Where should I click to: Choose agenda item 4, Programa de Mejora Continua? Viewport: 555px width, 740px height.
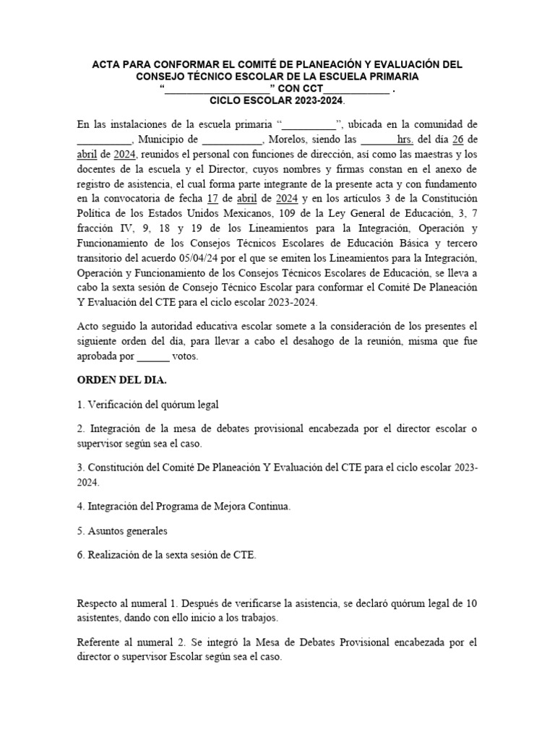click(184, 507)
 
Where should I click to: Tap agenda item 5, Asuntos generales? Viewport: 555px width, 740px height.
click(122, 530)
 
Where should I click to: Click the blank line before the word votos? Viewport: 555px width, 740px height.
click(152, 356)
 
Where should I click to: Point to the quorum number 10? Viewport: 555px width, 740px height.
click(471, 603)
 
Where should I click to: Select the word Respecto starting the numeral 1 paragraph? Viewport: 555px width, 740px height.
click(98, 603)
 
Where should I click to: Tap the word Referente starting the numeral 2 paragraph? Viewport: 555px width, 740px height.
click(100, 643)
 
